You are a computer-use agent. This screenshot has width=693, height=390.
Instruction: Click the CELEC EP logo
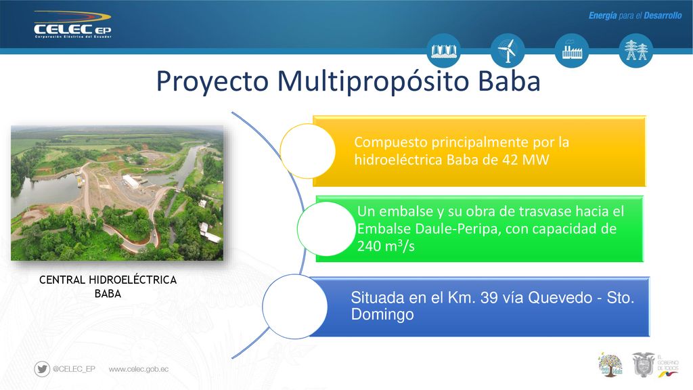[72, 25]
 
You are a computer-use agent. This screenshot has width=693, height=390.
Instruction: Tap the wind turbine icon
[508, 50]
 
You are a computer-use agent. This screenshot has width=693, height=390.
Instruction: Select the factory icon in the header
[572, 50]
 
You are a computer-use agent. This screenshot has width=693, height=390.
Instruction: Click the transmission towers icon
[636, 50]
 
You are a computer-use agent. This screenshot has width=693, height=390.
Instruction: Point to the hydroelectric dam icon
[444, 50]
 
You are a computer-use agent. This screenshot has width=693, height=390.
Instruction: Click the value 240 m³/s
[386, 245]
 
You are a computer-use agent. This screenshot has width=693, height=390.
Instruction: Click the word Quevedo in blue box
[560, 298]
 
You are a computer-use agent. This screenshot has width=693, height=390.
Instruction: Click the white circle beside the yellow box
[308, 151]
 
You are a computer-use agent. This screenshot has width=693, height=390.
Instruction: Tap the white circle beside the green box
[326, 229]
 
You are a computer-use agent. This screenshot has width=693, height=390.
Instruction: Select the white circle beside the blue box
[295, 307]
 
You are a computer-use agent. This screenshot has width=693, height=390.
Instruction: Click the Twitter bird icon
[42, 369]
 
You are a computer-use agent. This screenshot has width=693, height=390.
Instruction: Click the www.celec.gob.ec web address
[138, 369]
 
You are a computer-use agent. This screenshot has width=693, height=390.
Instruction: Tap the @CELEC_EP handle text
[74, 369]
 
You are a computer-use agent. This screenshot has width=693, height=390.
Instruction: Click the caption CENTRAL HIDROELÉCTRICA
[108, 280]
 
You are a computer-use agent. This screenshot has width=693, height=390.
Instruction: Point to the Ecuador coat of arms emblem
[643, 364]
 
